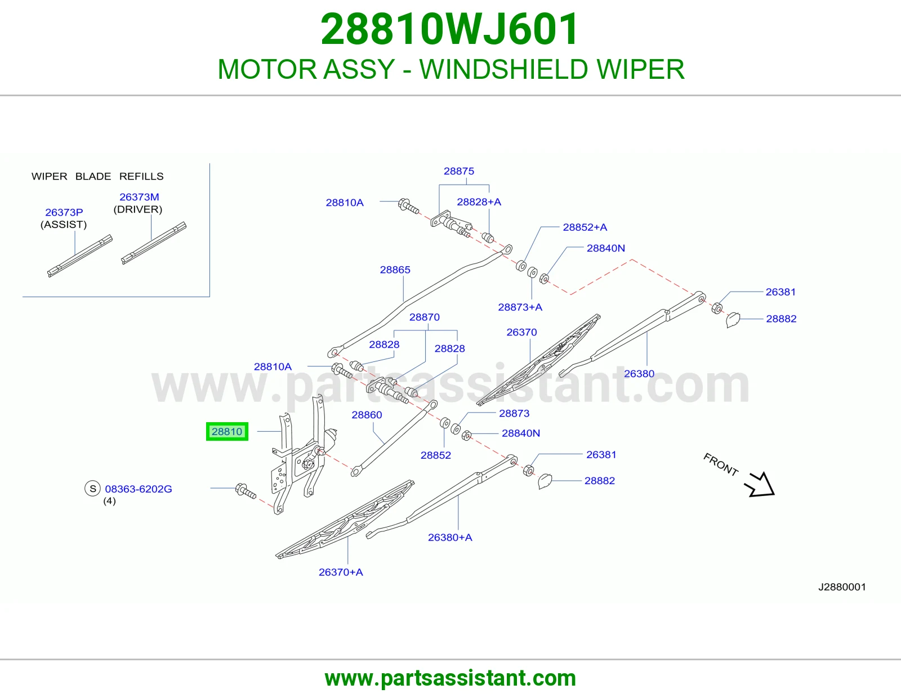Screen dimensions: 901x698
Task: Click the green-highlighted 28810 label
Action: (x=227, y=432)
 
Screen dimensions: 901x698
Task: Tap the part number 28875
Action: (x=458, y=171)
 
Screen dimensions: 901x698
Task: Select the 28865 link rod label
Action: (x=395, y=270)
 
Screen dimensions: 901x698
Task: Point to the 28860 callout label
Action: (x=367, y=415)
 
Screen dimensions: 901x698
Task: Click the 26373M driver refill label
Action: (x=139, y=197)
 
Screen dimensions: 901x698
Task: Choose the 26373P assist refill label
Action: (x=64, y=212)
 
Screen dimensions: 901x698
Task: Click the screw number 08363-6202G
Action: (x=138, y=489)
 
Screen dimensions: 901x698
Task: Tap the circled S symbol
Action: (x=92, y=489)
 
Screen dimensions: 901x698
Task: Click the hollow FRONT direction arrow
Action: (x=760, y=485)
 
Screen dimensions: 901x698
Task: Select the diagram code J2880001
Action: (x=842, y=587)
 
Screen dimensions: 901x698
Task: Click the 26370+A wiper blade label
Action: (x=341, y=572)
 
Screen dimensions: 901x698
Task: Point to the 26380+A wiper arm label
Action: (x=450, y=538)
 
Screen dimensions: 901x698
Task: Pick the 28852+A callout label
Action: (x=585, y=227)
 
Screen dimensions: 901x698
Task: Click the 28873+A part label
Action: (x=520, y=307)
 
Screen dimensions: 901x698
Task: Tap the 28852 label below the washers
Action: (x=435, y=455)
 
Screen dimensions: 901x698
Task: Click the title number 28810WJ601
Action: (x=449, y=29)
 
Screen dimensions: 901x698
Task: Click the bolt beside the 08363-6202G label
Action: (x=246, y=491)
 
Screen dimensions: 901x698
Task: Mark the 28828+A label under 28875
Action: (x=479, y=202)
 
